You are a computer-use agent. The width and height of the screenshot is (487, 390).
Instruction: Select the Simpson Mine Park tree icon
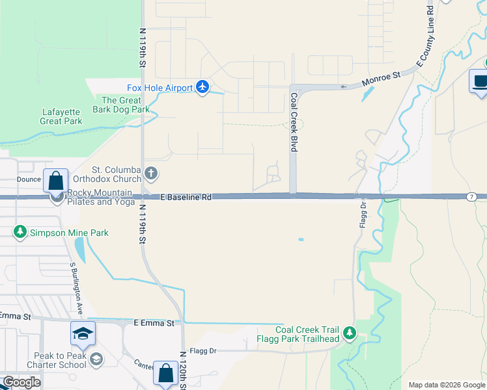coord(20,232)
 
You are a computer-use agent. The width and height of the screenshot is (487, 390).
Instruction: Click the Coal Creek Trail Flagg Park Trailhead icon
coord(350,333)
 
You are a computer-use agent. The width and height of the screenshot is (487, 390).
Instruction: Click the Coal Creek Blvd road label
coord(294,122)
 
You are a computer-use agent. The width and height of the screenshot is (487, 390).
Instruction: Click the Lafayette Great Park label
coord(61,116)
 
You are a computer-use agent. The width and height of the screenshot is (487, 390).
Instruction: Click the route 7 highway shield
coord(470,196)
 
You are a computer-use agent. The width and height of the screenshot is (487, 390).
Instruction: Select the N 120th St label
coord(183,369)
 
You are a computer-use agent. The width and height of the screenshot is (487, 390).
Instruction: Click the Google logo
coord(21,382)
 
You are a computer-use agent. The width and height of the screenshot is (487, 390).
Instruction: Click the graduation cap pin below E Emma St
coord(83,333)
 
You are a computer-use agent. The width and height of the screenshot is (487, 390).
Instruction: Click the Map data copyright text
coord(447,385)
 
